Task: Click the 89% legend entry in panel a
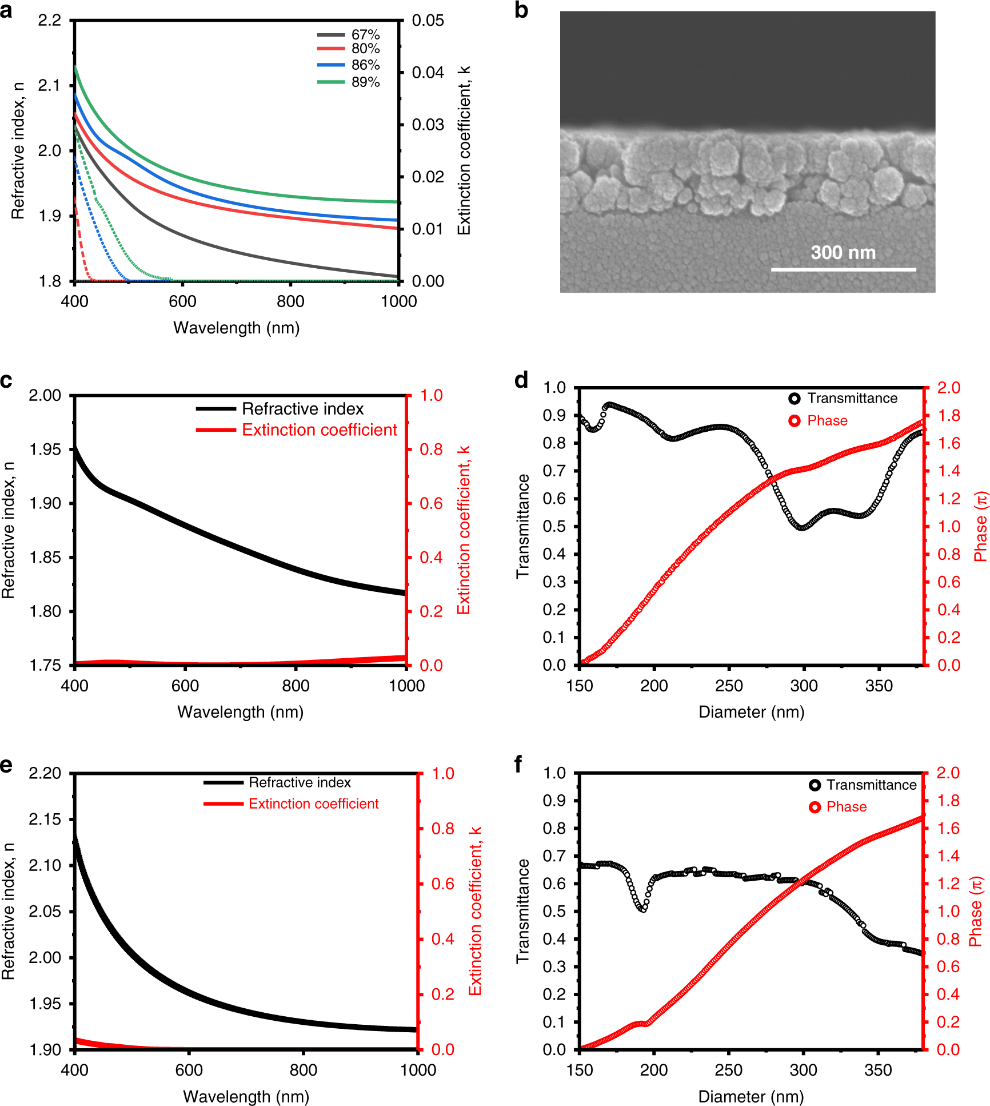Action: (x=365, y=82)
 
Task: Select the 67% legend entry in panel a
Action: (x=365, y=35)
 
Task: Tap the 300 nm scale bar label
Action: (x=843, y=252)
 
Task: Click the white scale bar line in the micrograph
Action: (x=843, y=269)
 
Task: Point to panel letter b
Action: (x=521, y=10)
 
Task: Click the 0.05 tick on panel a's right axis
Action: (x=428, y=21)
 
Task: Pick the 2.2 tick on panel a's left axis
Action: (x=49, y=21)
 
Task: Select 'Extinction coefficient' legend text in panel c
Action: (x=319, y=429)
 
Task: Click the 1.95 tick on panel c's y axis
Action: (x=45, y=449)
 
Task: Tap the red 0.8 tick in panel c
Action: (x=431, y=449)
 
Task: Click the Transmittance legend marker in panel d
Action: (x=795, y=399)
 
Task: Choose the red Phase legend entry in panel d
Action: (x=827, y=421)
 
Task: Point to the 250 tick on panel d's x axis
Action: (x=729, y=686)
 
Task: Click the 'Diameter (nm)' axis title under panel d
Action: (x=751, y=712)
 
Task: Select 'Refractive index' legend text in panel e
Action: (x=300, y=782)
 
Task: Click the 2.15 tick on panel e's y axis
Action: (x=45, y=819)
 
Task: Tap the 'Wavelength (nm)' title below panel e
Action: (x=246, y=1096)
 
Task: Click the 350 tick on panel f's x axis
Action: (x=878, y=1070)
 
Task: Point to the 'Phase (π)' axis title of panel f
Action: (x=976, y=911)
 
